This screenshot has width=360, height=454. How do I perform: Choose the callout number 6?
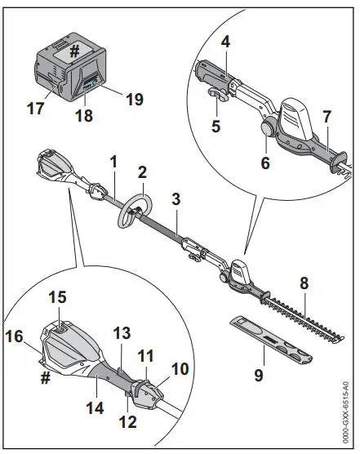pyautogui.click(x=264, y=162)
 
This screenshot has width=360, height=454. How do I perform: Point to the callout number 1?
pyautogui.click(x=114, y=162)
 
